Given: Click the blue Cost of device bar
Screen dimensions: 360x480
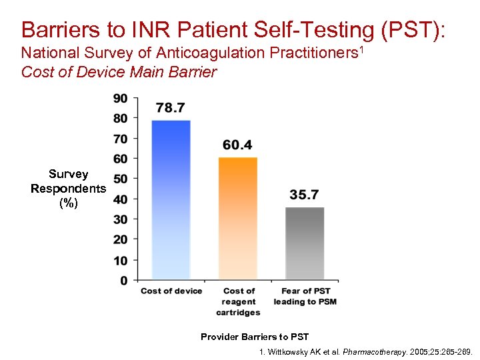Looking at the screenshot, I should point(171,200).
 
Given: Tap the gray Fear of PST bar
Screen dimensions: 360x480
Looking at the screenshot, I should point(305,243).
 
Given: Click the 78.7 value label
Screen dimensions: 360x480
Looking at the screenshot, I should point(171,108).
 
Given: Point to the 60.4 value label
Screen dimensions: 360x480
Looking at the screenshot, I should point(238,145).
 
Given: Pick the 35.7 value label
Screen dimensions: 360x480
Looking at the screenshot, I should point(305,195).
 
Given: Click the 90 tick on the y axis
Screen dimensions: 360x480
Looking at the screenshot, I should point(120,99).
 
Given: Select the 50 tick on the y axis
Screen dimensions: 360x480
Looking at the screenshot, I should point(120,179).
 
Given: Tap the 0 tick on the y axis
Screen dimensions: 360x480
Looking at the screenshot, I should point(124,281).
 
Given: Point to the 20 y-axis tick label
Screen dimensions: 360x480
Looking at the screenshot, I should point(120,239).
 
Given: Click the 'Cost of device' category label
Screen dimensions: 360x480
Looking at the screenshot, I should point(171,291).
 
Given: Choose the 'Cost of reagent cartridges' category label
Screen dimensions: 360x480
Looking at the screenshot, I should point(238,301).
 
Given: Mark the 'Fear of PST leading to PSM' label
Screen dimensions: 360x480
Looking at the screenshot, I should point(305,297).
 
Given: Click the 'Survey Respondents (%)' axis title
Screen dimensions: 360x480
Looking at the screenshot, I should point(68,189).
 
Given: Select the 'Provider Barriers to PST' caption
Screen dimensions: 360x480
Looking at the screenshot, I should point(255,337).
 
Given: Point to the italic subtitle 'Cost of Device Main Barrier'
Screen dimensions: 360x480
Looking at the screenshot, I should point(119,72).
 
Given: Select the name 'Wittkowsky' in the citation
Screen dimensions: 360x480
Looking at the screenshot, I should point(291,351).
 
